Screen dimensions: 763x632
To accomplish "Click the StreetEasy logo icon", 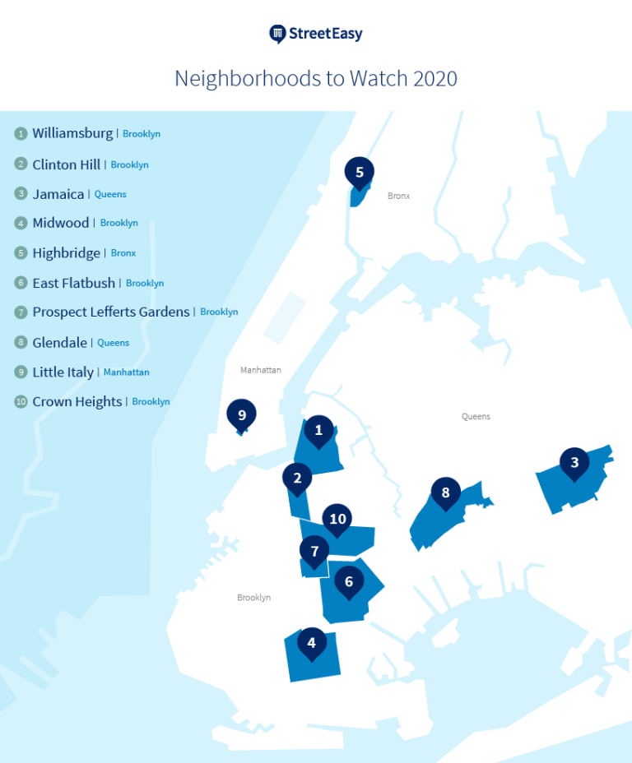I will (277, 34).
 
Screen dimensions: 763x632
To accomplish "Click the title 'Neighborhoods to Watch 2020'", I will (316, 79).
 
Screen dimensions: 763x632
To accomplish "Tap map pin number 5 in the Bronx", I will (360, 173).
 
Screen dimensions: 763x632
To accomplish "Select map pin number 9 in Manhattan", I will (242, 415).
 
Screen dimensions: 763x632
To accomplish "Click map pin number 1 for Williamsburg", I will (318, 429).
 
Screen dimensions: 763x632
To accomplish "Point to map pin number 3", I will (574, 462).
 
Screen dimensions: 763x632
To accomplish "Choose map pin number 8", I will (445, 492).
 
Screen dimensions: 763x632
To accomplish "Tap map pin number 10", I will (337, 519).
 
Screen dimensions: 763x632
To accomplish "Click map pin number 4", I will (311, 643).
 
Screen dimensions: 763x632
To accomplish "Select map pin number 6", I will (349, 581).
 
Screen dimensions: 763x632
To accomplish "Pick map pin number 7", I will (314, 550).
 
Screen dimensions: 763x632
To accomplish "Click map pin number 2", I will (297, 477).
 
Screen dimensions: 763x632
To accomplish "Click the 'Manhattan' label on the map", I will (261, 370).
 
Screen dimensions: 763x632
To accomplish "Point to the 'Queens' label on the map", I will (476, 417).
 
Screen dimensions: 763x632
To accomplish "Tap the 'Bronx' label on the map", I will (399, 196).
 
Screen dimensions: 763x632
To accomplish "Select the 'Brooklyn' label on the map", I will (253, 598).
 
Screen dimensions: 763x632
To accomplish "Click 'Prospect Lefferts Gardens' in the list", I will (111, 312).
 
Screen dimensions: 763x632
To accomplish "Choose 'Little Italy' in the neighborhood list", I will (63, 372).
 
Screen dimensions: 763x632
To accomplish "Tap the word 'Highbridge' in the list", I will (67, 253).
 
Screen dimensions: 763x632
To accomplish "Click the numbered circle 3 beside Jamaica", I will (21, 194).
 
